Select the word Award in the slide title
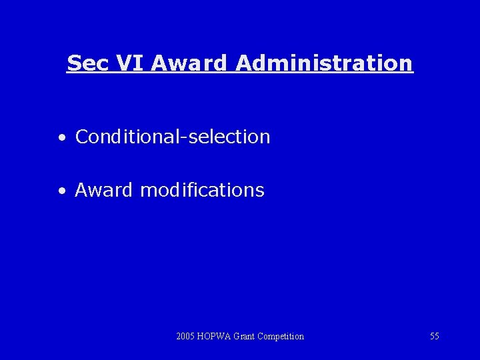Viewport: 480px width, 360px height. click(x=190, y=63)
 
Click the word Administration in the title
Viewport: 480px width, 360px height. click(x=324, y=63)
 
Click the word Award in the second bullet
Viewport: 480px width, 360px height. click(x=104, y=190)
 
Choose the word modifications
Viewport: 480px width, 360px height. click(x=202, y=190)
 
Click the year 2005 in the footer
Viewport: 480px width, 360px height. click(x=186, y=336)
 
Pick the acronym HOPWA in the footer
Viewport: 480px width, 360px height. click(x=214, y=336)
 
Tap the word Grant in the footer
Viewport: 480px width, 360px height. click(x=245, y=336)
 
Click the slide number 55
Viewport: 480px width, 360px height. click(x=434, y=336)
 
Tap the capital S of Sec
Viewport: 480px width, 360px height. click(x=73, y=63)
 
